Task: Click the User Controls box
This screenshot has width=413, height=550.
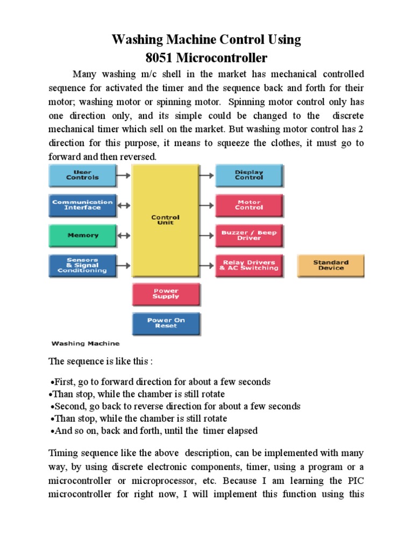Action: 82,176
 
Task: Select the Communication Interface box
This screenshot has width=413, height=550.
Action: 82,205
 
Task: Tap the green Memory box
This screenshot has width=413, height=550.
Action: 82,235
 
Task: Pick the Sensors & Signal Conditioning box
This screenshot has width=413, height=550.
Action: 82,265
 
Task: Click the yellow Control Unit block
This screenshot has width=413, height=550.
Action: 165,220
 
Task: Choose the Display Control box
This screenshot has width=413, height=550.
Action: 249,176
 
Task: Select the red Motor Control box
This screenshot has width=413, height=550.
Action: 249,205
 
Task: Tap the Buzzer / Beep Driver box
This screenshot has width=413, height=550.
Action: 249,235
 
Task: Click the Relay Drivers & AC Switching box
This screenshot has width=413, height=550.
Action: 249,265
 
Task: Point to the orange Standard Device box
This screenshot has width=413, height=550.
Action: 331,265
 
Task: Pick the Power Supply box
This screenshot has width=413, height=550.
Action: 166,294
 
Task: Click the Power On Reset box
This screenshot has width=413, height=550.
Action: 166,323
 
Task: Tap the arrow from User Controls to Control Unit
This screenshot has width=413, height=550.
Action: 124,175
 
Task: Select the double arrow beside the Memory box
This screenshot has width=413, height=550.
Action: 124,235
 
